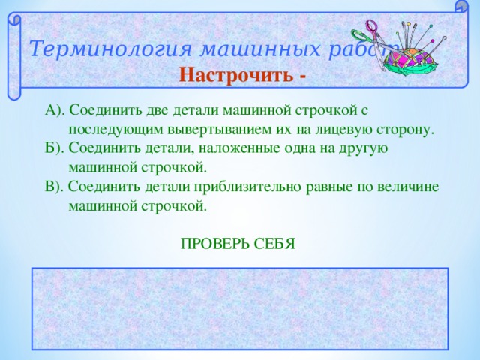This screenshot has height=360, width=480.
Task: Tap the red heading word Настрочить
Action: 236,76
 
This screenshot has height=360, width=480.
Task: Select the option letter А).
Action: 55,111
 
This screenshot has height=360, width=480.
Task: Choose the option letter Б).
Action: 55,148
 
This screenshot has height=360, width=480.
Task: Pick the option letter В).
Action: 55,186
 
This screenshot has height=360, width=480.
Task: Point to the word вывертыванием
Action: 226,130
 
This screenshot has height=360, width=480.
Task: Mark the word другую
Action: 361,148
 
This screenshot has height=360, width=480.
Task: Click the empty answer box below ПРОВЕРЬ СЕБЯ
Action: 240,308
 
